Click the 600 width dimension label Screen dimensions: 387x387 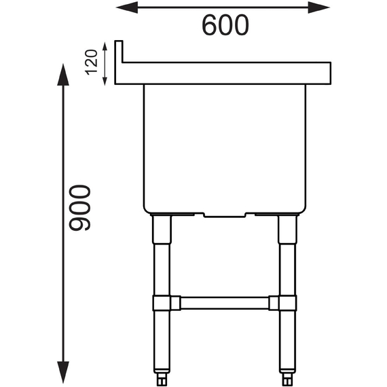click(225, 25)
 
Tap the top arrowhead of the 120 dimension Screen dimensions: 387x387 click(105, 45)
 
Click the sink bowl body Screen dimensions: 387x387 click(225, 146)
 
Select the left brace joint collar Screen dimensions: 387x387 click(162, 303)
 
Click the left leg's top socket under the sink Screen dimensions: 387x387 click(162, 229)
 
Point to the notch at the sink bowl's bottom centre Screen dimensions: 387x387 click(225, 215)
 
